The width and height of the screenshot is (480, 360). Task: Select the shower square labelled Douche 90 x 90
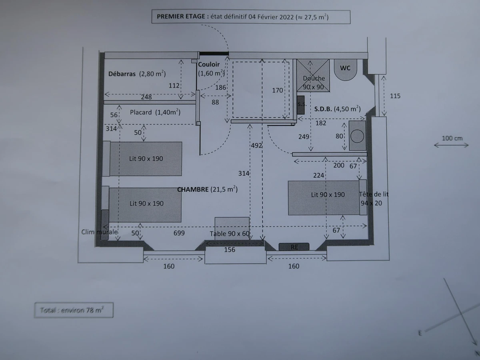[313, 75]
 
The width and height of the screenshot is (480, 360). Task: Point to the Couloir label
[209, 64]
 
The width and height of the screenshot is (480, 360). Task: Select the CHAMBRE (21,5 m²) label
[207, 189]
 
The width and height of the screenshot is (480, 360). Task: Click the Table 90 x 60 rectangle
[232, 228]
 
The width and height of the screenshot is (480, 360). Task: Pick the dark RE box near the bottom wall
[294, 247]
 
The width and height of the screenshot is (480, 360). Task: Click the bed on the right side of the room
[324, 198]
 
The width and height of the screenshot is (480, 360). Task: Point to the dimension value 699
[179, 233]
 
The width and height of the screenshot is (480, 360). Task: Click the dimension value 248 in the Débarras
[146, 97]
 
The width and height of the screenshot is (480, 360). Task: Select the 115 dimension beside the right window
[395, 96]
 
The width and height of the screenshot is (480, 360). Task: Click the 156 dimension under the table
[230, 250]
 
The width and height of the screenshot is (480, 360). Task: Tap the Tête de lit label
[374, 194]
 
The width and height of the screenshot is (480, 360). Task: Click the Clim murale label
[99, 232]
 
